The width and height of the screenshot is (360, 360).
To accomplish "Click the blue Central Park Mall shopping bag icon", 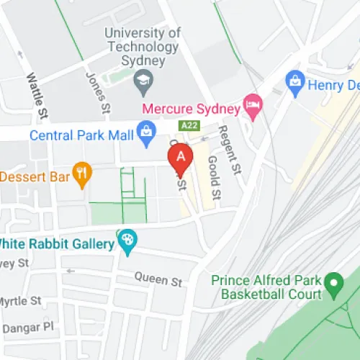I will pyautogui.click(x=147, y=130).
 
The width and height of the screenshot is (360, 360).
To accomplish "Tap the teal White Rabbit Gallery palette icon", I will pyautogui.click(x=127, y=240).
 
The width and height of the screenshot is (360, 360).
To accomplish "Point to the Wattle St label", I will pyautogui.click(x=34, y=94).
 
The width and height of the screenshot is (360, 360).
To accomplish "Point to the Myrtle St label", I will pyautogui.click(x=19, y=300).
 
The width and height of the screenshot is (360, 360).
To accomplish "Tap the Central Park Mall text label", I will pyautogui.click(x=81, y=135).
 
